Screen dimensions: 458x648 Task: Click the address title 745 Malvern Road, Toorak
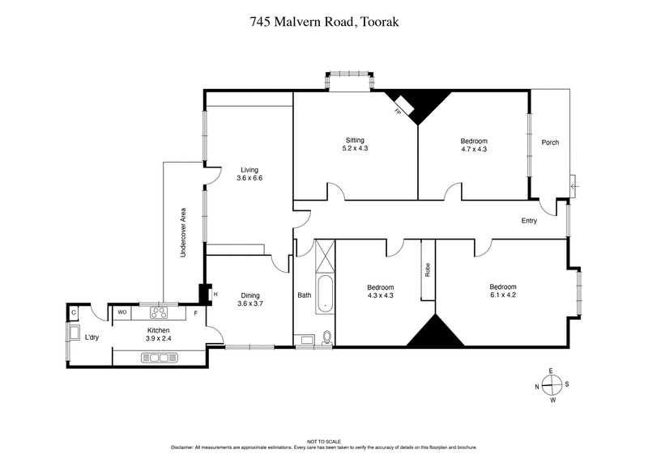[x=324, y=23]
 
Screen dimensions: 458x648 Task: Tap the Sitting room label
[x=355, y=145]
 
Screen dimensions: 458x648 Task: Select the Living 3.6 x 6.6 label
[x=249, y=173]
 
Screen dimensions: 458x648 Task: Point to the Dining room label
[x=249, y=299]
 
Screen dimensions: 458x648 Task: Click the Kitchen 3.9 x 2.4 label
[x=157, y=335]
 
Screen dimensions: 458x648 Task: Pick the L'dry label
[x=92, y=337]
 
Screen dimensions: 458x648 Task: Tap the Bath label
[x=305, y=295]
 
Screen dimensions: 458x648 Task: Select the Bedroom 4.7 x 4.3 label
[x=474, y=145]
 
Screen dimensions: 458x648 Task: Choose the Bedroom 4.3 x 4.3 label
[x=380, y=291]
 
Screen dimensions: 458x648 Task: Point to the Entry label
[x=529, y=220]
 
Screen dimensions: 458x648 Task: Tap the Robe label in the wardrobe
[x=427, y=270]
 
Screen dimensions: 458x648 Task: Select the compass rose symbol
[x=551, y=385]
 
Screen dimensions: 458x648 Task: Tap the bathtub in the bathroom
[x=324, y=294]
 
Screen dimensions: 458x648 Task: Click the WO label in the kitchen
[x=122, y=312]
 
